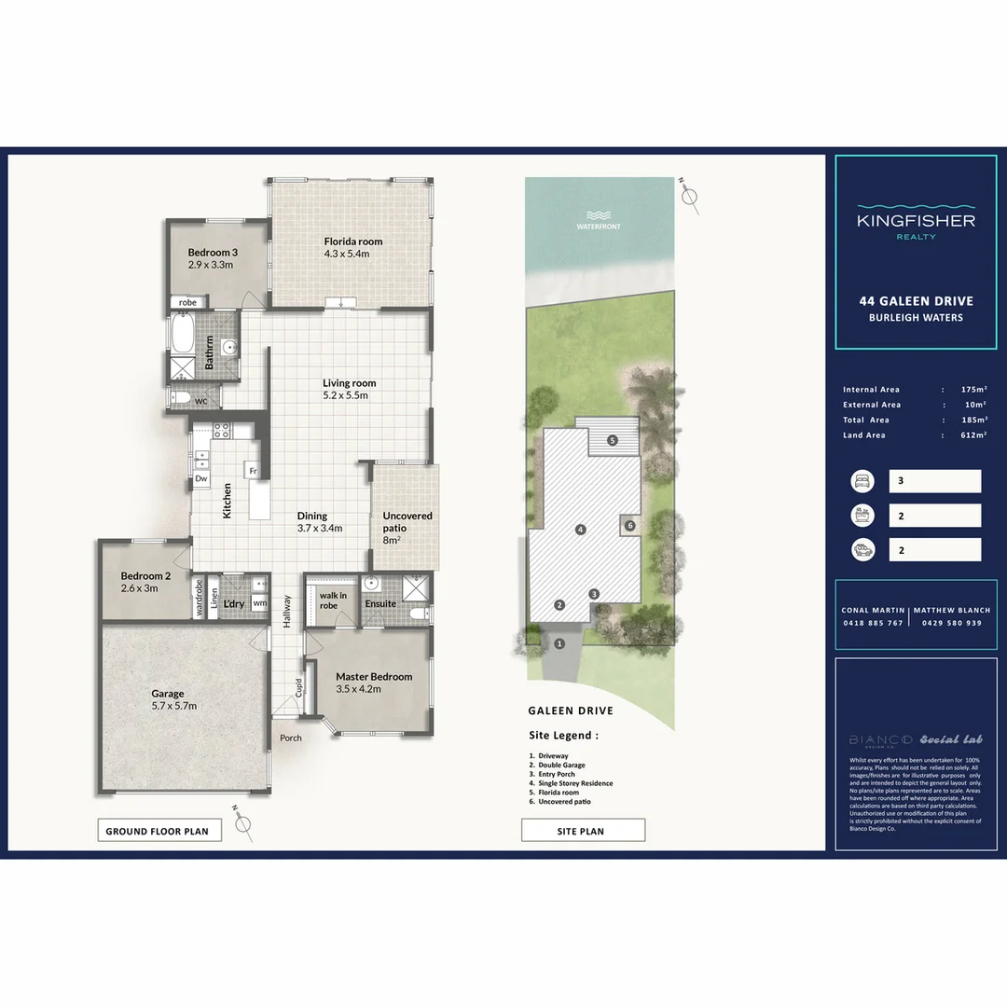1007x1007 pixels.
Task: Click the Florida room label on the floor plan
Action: (352, 241)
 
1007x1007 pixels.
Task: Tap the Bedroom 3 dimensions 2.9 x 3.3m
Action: (210, 265)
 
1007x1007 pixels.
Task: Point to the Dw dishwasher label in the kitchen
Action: (200, 479)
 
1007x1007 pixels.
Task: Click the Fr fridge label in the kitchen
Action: (252, 471)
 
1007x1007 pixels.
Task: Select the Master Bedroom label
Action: (373, 677)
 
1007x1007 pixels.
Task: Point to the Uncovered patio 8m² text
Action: (407, 528)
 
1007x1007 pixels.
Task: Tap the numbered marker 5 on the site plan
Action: (612, 440)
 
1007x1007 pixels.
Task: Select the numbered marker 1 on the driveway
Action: (560, 643)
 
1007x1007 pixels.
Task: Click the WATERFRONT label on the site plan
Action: (599, 227)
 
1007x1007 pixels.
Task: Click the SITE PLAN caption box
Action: (583, 831)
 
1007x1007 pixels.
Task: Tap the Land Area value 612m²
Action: (973, 435)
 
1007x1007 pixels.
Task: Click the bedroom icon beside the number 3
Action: (862, 481)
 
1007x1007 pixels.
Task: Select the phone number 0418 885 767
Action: (872, 623)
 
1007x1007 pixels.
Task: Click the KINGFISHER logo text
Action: (916, 221)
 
